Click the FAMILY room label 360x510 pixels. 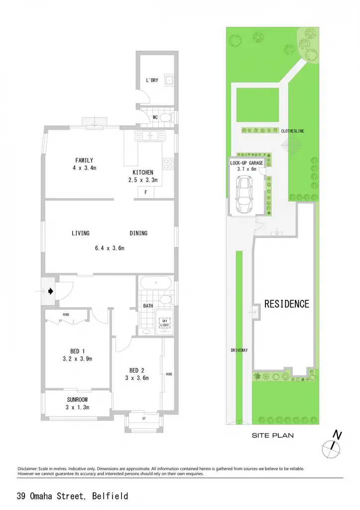pyautogui.click(x=84, y=160)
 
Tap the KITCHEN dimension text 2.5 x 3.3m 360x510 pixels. pyautogui.click(x=143, y=180)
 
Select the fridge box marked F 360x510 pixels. pyautogui.click(x=146, y=193)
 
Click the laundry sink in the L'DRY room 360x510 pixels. pyautogui.click(x=169, y=80)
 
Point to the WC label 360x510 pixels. pyautogui.click(x=155, y=117)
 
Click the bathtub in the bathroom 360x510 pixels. pyautogui.click(x=156, y=283)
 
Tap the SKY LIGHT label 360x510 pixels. pyautogui.click(x=164, y=323)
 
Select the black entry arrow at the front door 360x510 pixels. pyautogui.click(x=51, y=291)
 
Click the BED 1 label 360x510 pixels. pyautogui.click(x=77, y=351)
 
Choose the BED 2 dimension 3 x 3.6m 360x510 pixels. pyautogui.click(x=137, y=378)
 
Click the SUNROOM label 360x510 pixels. pyautogui.click(x=77, y=400)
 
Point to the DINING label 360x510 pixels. pyautogui.click(x=138, y=233)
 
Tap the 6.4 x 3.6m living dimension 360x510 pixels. pyautogui.click(x=110, y=248)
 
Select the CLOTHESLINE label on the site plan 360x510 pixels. pyautogui.click(x=293, y=131)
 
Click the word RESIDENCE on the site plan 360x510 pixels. pyautogui.click(x=287, y=304)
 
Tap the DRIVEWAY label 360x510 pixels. pyautogui.click(x=240, y=350)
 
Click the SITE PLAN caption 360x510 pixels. pyautogui.click(x=273, y=435)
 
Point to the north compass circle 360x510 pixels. pyautogui.click(x=331, y=450)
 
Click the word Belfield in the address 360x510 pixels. pyautogui.click(x=110, y=496)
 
